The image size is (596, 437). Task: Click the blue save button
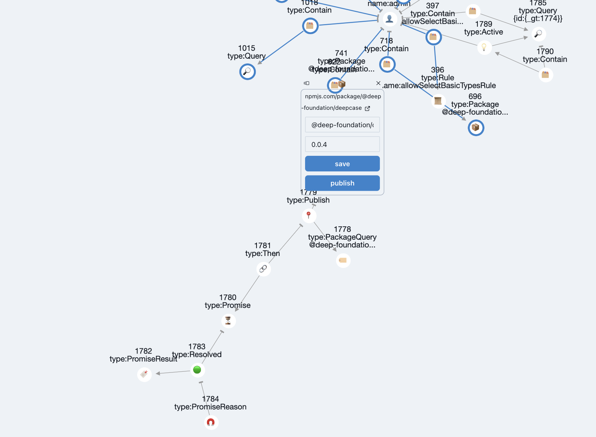[x=342, y=164]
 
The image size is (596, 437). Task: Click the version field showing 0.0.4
[x=342, y=144]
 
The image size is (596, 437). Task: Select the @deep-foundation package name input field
[x=342, y=125]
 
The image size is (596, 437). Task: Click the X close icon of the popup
[x=378, y=83]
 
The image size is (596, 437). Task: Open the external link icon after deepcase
[x=367, y=108]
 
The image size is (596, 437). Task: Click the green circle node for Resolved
[x=197, y=370]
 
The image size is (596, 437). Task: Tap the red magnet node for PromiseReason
[x=211, y=422]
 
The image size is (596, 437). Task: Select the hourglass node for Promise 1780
[x=228, y=321]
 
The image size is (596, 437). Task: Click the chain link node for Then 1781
[x=263, y=269]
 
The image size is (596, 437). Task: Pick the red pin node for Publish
[x=309, y=215]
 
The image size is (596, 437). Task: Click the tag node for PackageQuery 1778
[x=343, y=260]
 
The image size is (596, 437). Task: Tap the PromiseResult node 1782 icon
[x=144, y=374]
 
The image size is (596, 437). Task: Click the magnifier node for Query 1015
[x=247, y=71]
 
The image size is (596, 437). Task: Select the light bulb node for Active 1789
[x=484, y=47]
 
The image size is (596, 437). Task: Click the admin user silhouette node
[x=390, y=18]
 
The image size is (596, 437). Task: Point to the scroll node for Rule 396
[x=438, y=101]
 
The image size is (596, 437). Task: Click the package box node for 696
[x=476, y=128]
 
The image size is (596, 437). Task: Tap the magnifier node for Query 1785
[x=539, y=34]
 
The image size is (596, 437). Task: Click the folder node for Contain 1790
[x=546, y=75]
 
